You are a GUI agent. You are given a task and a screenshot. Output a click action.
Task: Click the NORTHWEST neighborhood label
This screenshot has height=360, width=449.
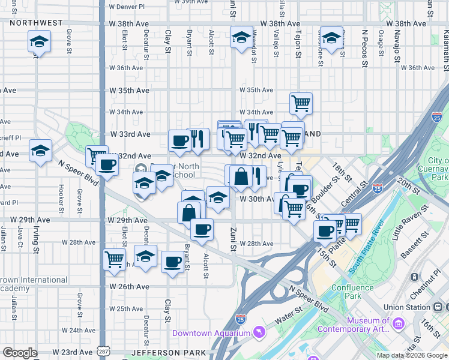tap(35, 23)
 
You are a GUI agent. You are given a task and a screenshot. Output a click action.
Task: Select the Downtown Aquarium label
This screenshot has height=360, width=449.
tap(211, 333)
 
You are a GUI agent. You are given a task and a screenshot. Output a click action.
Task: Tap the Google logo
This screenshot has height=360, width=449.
tap(20, 353)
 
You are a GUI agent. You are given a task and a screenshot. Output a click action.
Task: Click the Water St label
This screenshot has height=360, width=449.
tap(289, 312)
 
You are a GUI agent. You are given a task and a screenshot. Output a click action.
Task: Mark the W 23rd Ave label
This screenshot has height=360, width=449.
tap(71, 352)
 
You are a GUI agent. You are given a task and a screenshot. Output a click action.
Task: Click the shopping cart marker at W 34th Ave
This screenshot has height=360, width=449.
tap(301, 103)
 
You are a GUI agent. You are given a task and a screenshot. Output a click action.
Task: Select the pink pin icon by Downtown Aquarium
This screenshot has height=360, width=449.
tap(259, 331)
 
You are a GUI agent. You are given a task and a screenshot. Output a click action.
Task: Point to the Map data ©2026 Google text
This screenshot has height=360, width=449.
tap(412, 355)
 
